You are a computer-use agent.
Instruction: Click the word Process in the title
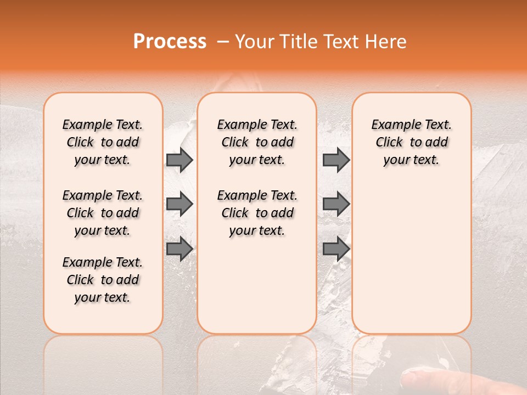(170, 42)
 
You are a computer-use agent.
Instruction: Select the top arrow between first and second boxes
(180, 160)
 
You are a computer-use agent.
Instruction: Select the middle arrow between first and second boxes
(180, 204)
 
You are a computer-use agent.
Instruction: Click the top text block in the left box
(103, 142)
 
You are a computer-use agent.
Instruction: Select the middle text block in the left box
(103, 213)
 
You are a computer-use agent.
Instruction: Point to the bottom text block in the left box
(103, 280)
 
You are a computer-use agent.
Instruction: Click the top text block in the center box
(257, 142)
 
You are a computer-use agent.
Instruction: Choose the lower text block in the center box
(257, 213)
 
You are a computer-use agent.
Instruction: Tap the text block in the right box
(411, 142)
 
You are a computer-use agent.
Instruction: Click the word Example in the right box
(393, 125)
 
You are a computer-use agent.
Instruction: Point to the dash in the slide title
(222, 42)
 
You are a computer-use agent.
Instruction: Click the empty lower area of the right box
(411, 258)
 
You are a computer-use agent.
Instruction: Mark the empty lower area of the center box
(257, 285)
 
